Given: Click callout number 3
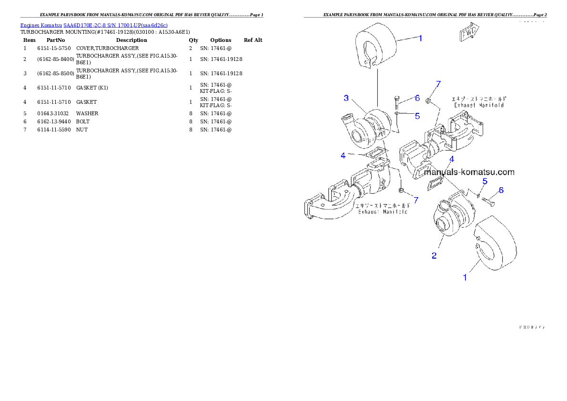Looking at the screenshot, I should coord(346,98).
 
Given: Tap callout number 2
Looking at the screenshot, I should coord(434,256).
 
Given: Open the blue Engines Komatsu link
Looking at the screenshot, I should coord(41,25).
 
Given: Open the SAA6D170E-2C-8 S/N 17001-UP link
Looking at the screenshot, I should coord(115,25).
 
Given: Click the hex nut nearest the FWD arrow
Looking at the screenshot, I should coord(428,100).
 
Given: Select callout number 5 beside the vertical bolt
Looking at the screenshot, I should coord(417,115).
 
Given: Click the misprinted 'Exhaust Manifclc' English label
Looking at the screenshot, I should coord(383,211).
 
